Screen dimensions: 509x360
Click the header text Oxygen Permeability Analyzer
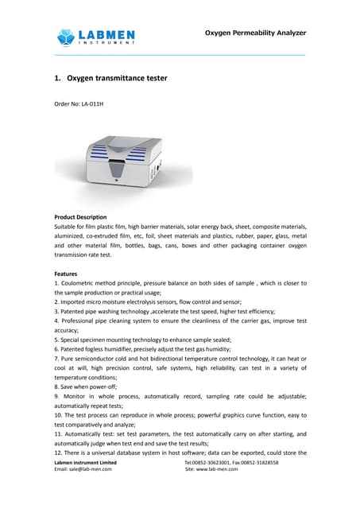(x=254, y=33)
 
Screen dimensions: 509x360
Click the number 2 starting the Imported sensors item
(x=56, y=302)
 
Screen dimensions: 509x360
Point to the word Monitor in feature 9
(x=77, y=396)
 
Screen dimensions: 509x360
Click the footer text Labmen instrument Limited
(x=85, y=462)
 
